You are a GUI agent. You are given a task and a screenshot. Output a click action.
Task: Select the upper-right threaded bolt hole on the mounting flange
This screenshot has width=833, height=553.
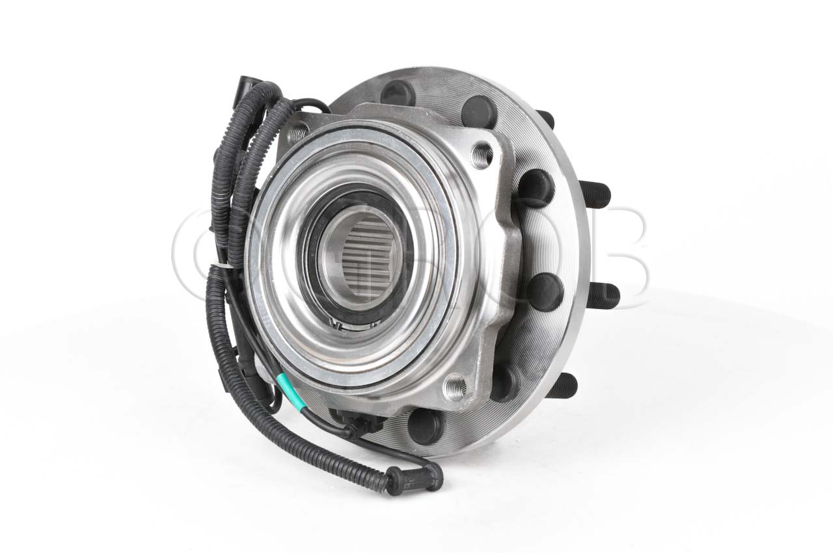[482, 155]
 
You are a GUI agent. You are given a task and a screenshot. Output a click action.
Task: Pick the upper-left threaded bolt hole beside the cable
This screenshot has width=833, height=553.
[297, 133]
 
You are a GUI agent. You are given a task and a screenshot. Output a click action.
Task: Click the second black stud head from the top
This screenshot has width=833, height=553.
[480, 112]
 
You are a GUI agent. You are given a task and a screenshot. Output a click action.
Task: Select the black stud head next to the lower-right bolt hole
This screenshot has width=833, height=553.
[504, 383]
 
